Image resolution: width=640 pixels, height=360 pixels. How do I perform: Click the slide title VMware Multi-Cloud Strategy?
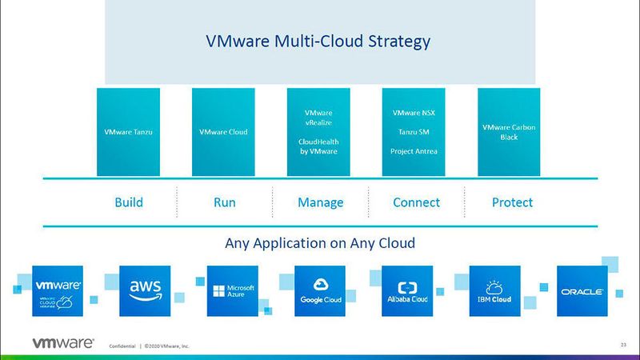[319, 41]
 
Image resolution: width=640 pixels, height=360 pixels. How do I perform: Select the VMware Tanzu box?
[128, 132]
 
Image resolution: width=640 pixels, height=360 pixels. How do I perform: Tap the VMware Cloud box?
[223, 132]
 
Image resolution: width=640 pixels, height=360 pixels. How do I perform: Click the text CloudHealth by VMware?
[318, 146]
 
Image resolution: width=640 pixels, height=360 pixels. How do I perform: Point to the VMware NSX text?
[414, 113]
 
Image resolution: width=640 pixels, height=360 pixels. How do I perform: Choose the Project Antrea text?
[414, 150]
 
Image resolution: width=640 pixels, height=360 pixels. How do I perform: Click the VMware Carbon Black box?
[509, 132]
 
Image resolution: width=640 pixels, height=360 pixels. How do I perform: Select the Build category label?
[128, 202]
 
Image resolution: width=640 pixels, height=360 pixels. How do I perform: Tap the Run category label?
[224, 202]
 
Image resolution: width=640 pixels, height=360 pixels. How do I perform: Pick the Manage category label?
[320, 202]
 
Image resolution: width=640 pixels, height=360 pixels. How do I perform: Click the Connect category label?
[416, 202]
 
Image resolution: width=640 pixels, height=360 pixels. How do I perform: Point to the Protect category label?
[512, 202]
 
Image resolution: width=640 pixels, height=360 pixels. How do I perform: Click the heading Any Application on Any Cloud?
[320, 242]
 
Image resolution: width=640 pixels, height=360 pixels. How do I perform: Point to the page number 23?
[623, 345]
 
